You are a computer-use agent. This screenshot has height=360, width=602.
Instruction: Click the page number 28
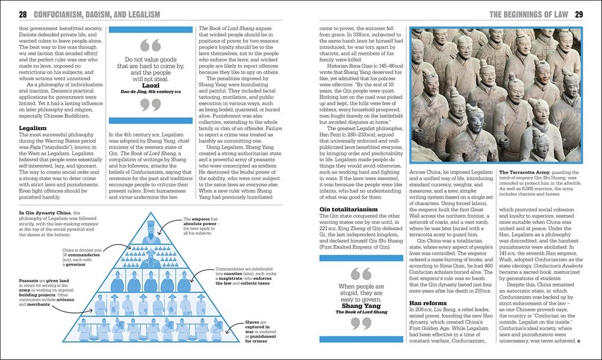tap(23, 14)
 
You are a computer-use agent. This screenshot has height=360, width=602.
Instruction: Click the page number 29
tap(579, 14)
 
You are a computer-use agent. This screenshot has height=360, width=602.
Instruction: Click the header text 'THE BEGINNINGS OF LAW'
tap(526, 14)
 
